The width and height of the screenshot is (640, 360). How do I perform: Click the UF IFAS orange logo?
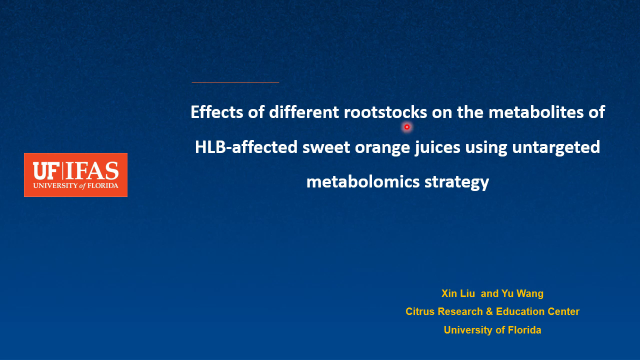[x=75, y=175]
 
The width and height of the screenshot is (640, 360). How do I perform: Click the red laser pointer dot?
[x=407, y=127]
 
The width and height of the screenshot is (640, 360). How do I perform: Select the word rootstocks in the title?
[x=385, y=112]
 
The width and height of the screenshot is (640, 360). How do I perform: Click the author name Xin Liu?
[x=458, y=293]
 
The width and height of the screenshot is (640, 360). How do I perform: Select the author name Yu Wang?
[x=522, y=293]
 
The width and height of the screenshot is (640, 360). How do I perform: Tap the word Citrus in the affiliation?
[x=420, y=311]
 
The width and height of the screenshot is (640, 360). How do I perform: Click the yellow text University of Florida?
[x=492, y=330]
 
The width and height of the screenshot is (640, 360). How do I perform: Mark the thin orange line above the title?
[x=235, y=82]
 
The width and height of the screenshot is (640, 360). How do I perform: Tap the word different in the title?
[x=303, y=112]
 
